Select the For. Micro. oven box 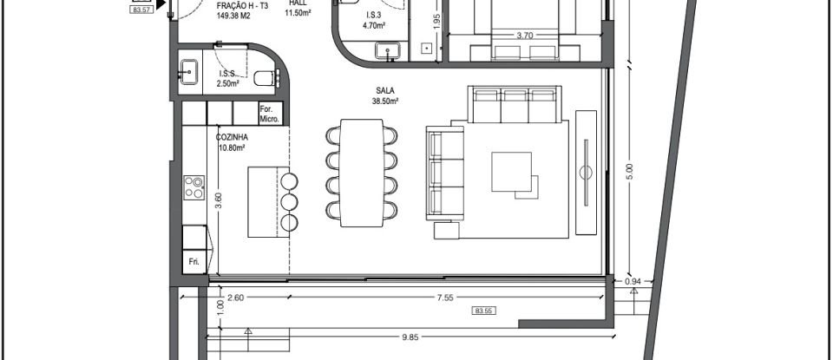point(270,114)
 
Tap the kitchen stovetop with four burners point(194,187)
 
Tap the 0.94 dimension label point(633,281)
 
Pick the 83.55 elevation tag point(483,311)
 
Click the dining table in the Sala point(362,173)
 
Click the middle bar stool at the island point(289,201)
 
